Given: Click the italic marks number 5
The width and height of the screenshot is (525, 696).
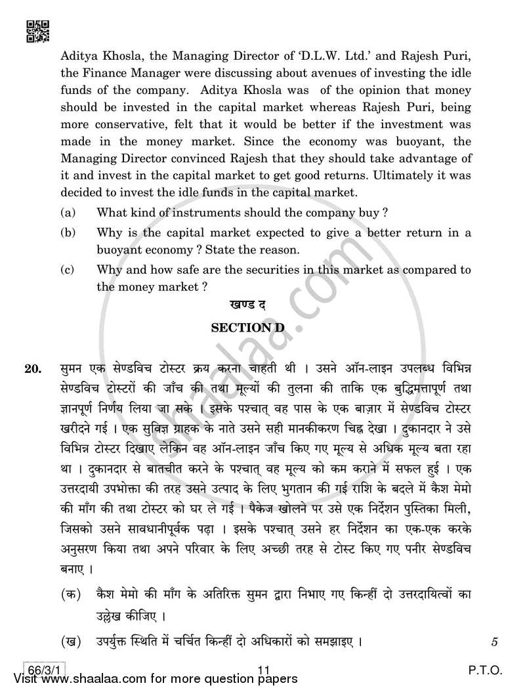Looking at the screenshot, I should (493, 640).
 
